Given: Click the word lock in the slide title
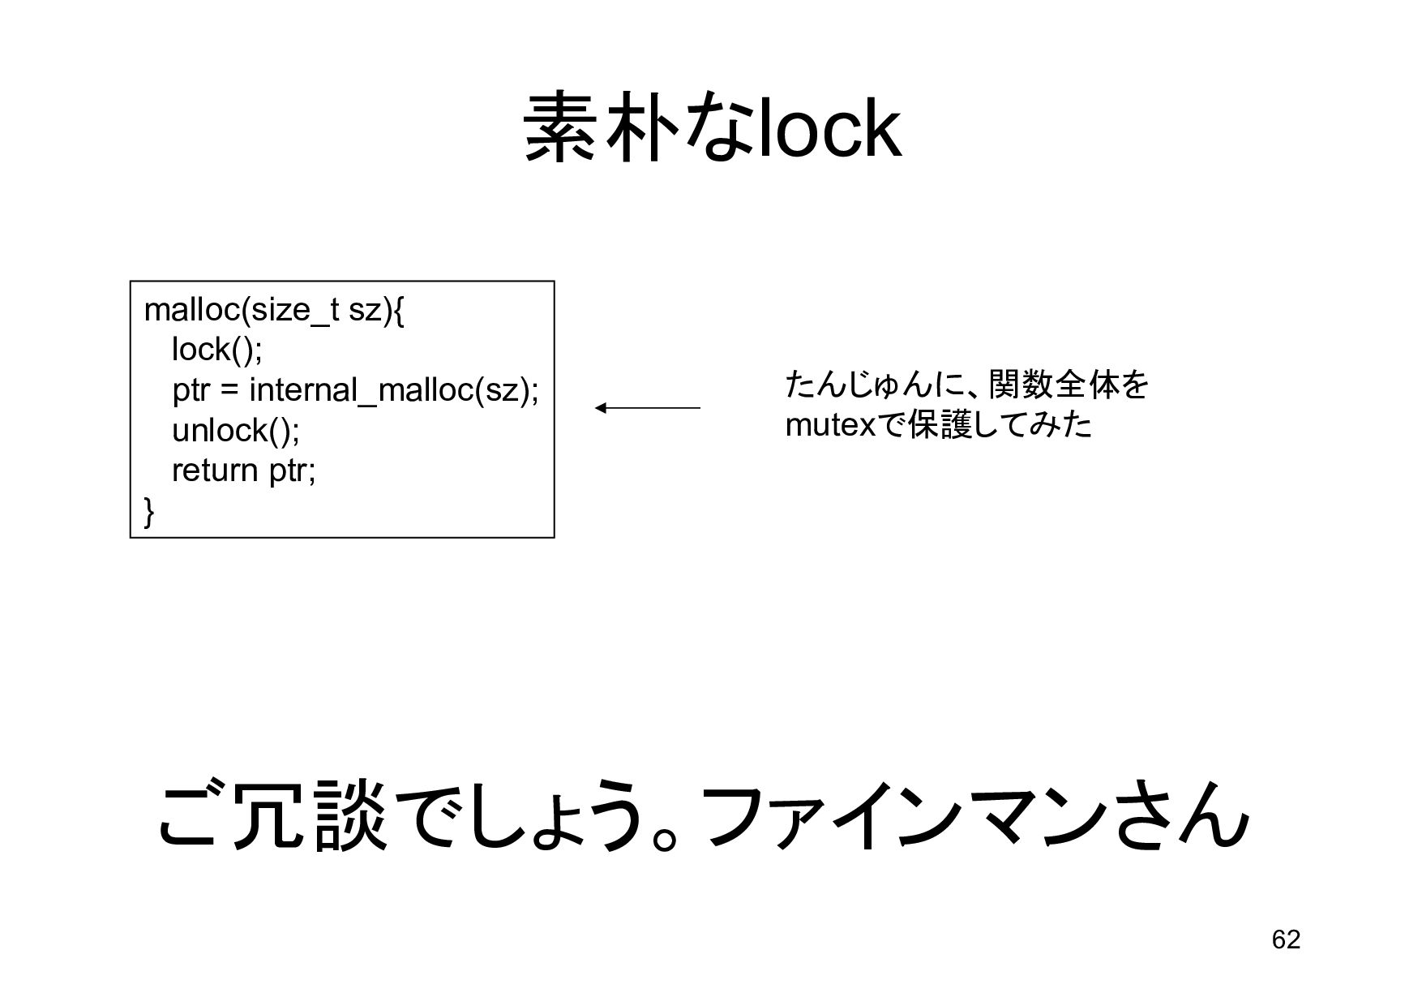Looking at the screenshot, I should click(x=829, y=130).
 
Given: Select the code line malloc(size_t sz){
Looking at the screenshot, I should click(x=273, y=310).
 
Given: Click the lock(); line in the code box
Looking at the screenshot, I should click(x=217, y=350).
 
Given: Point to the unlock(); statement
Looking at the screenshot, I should click(x=236, y=430).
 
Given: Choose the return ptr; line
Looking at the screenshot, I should click(x=243, y=471).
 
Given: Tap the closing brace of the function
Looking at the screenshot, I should click(x=149, y=511).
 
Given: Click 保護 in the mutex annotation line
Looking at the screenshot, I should click(x=940, y=425).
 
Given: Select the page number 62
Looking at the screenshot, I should click(x=1286, y=939).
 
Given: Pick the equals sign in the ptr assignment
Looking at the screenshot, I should click(x=229, y=391).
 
